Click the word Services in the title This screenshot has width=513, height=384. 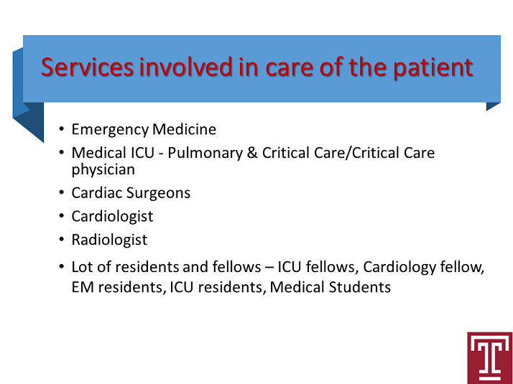87,67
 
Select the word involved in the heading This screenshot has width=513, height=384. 186,67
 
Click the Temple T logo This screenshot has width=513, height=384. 489,358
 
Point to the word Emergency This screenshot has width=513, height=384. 110,130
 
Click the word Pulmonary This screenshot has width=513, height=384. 205,154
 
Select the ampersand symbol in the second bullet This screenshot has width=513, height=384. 252,153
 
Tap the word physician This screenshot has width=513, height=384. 103,170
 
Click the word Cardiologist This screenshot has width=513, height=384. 112,217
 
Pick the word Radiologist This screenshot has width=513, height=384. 109,240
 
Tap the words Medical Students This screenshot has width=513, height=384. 330,287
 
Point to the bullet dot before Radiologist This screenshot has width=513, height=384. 62,239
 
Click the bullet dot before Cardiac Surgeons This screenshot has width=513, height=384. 62,192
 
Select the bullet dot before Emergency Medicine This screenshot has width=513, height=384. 62,128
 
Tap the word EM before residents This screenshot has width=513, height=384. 83,287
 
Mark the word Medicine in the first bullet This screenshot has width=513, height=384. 184,129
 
